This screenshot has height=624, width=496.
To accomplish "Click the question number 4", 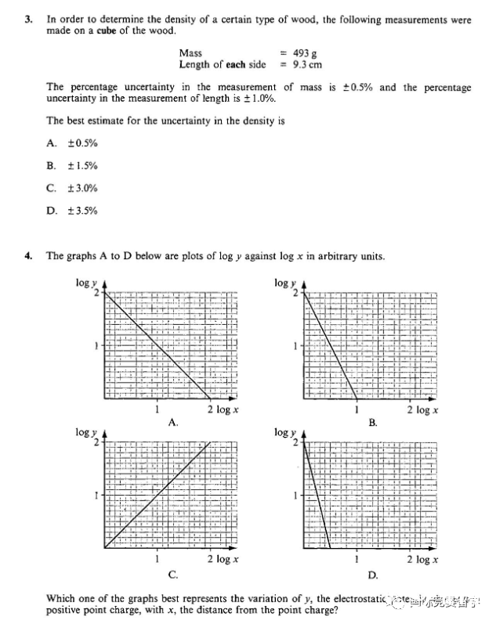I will click(x=29, y=255).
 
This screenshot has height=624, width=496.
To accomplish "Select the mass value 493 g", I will click(x=303, y=53).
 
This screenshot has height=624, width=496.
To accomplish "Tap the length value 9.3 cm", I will click(x=306, y=64).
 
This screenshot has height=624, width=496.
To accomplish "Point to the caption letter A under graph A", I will click(x=173, y=422).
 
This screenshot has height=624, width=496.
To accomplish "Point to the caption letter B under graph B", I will click(x=373, y=422).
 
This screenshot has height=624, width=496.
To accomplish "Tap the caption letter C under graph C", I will click(x=173, y=575).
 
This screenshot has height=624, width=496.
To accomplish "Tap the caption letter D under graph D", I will click(x=373, y=575).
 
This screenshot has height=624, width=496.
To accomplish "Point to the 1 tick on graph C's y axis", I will click(x=96, y=496).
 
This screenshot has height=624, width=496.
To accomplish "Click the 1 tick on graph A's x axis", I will click(x=157, y=409).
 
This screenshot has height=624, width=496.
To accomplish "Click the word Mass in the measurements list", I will click(x=191, y=53).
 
